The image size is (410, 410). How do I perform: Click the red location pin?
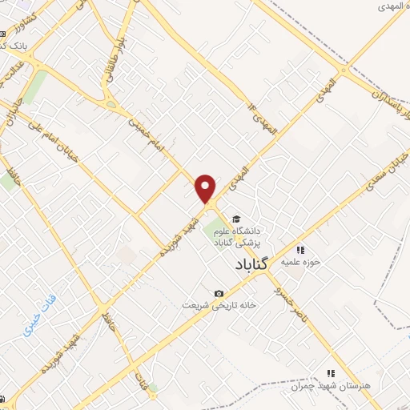coord(206,189)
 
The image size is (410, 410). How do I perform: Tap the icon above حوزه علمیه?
coord(300,249)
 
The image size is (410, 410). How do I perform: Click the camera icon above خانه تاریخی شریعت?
coord(219,293)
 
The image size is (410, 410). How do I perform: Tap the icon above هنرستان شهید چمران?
coord(330,373)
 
